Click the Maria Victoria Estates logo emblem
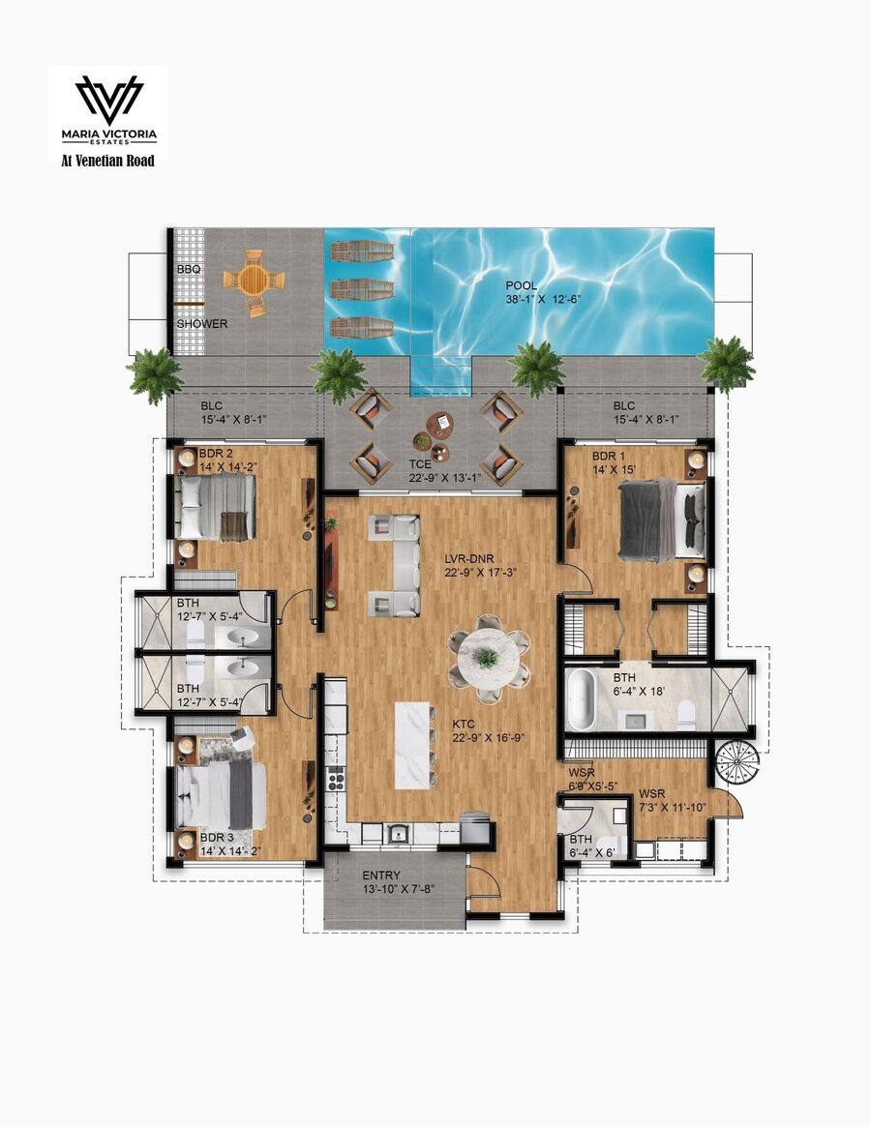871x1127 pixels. [109, 100]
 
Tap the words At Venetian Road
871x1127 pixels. [107, 161]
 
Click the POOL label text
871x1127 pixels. [521, 286]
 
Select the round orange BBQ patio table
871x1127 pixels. [254, 281]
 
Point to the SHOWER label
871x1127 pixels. [202, 324]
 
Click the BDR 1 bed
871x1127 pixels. [662, 519]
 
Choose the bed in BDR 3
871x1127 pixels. [221, 795]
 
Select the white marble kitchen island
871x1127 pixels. [413, 745]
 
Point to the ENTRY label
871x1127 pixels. [381, 875]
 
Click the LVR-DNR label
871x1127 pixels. [469, 559]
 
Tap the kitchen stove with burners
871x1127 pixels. [335, 779]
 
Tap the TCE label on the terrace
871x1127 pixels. [420, 464]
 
